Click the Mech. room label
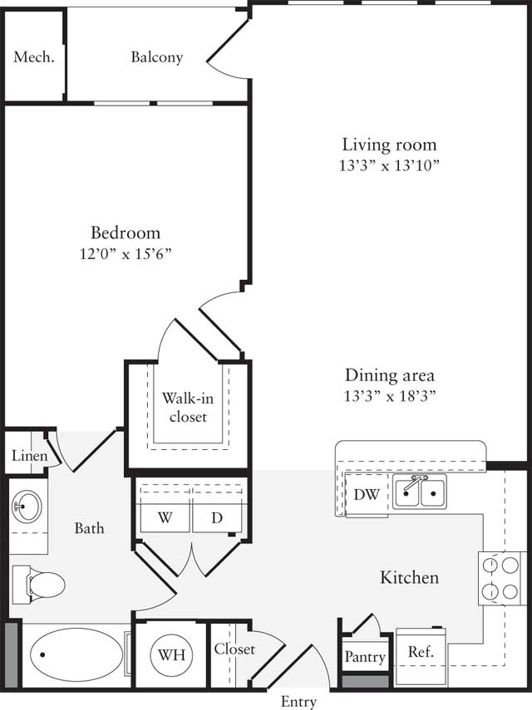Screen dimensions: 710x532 (34, 57)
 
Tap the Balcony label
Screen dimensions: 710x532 (156, 57)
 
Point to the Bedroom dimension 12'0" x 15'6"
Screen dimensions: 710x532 (126, 253)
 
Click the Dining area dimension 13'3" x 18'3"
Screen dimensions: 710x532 (389, 395)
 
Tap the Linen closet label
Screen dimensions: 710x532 (27, 456)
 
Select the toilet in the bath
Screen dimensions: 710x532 (40, 584)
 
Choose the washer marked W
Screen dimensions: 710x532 (165, 517)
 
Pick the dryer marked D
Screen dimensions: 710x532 (217, 517)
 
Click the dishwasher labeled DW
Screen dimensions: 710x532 (367, 495)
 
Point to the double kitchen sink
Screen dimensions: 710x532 (420, 492)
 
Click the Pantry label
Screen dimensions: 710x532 (365, 657)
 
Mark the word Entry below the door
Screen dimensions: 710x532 (298, 702)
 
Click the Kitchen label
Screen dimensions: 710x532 (409, 577)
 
